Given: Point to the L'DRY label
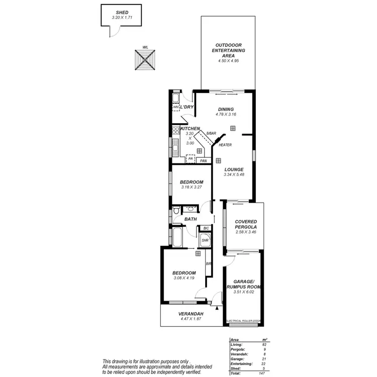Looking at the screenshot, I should pyautogui.click(x=187, y=107).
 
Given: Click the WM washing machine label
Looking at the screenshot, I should pyautogui.click(x=175, y=107).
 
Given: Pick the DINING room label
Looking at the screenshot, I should pyautogui.click(x=226, y=109).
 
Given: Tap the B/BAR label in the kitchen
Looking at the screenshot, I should pyautogui.click(x=211, y=133).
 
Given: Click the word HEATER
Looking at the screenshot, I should pyautogui.click(x=225, y=145).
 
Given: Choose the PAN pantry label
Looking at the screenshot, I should pyautogui.click(x=203, y=161).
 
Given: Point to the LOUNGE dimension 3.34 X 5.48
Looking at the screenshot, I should pyautogui.click(x=234, y=174).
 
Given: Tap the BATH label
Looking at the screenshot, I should pyautogui.click(x=191, y=219).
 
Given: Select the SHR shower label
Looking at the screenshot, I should pyautogui.click(x=205, y=241).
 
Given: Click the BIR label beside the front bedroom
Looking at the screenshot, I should pyautogui.click(x=208, y=263).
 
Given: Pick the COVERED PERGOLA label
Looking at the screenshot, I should pyautogui.click(x=246, y=224).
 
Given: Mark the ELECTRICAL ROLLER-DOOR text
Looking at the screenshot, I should pyautogui.click(x=243, y=320).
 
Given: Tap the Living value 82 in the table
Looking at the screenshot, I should pyautogui.click(x=263, y=345).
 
